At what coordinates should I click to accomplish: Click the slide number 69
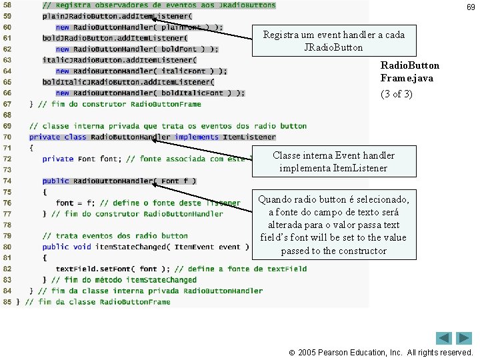(471, 7)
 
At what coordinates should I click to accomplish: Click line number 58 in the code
(7, 5)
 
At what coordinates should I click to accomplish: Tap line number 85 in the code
(7, 301)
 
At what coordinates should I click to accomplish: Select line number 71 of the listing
(7, 148)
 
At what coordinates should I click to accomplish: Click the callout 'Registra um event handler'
(334, 41)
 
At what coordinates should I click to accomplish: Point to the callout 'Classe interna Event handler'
(333, 161)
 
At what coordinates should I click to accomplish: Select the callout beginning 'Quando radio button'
(333, 225)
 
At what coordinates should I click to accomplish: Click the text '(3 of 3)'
(396, 94)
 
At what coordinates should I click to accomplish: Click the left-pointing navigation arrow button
(444, 338)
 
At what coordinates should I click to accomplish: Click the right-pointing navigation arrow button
(465, 338)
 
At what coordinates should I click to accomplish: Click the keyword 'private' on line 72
(58, 159)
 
